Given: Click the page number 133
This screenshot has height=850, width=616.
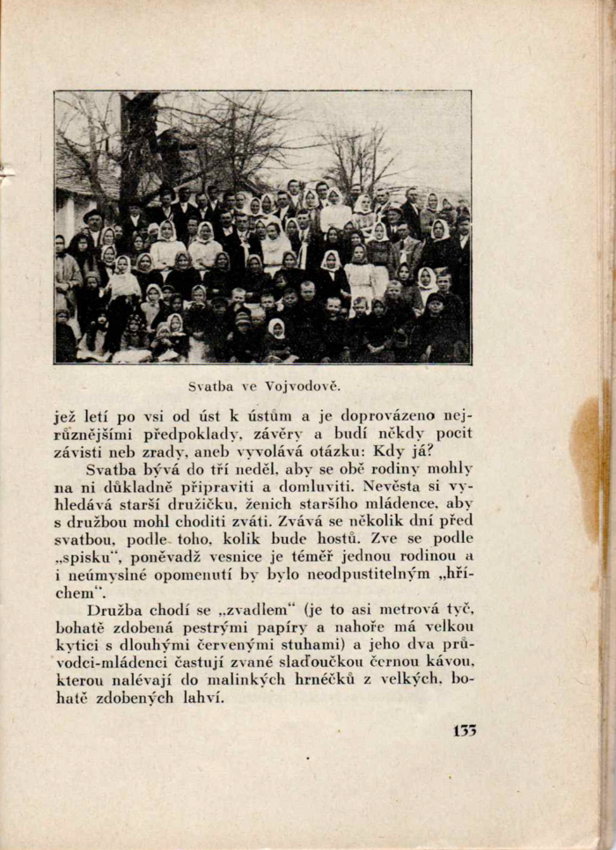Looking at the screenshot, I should pos(464,730).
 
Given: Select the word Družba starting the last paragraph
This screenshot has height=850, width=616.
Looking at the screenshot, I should pos(117,609).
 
